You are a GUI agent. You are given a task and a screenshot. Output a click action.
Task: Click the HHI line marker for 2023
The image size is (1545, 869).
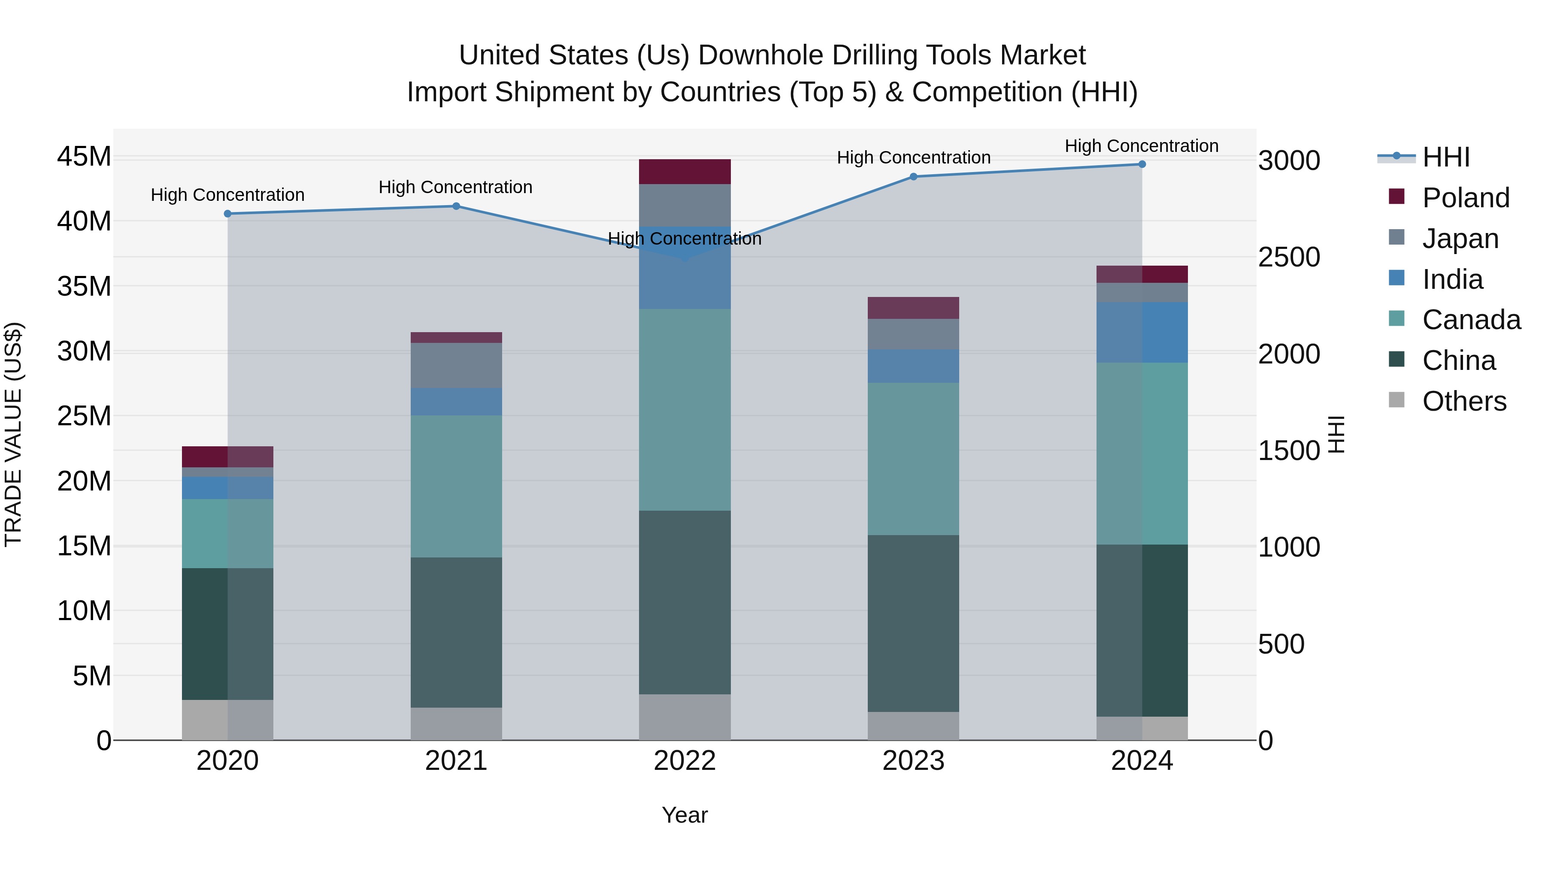click(913, 176)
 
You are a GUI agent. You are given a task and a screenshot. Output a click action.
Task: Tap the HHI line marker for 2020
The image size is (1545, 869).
click(227, 214)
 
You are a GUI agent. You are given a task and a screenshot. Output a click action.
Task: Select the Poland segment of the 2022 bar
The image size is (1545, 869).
click(685, 172)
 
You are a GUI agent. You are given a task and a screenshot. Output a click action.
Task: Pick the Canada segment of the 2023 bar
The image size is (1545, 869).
click(913, 459)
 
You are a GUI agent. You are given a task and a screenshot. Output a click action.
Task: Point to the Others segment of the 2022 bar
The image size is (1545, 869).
click(685, 717)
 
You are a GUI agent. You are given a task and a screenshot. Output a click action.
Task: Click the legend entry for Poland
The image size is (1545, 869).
click(1465, 198)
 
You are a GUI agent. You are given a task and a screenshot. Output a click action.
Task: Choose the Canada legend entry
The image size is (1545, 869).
click(1471, 320)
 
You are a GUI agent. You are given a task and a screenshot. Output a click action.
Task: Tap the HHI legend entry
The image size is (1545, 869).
click(1445, 157)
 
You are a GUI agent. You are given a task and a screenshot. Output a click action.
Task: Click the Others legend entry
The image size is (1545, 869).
click(1463, 401)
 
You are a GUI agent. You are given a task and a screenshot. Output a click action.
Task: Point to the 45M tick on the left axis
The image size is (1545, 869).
click(84, 157)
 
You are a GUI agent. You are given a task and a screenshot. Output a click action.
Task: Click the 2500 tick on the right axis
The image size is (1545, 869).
click(1289, 257)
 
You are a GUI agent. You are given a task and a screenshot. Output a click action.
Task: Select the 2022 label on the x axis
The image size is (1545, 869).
click(685, 761)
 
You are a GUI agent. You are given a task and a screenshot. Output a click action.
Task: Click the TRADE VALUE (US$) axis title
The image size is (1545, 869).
click(13, 434)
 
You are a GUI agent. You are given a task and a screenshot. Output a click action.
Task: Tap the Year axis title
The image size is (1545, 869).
click(685, 815)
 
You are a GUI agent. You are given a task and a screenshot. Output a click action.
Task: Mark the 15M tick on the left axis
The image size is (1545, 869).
click(84, 546)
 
